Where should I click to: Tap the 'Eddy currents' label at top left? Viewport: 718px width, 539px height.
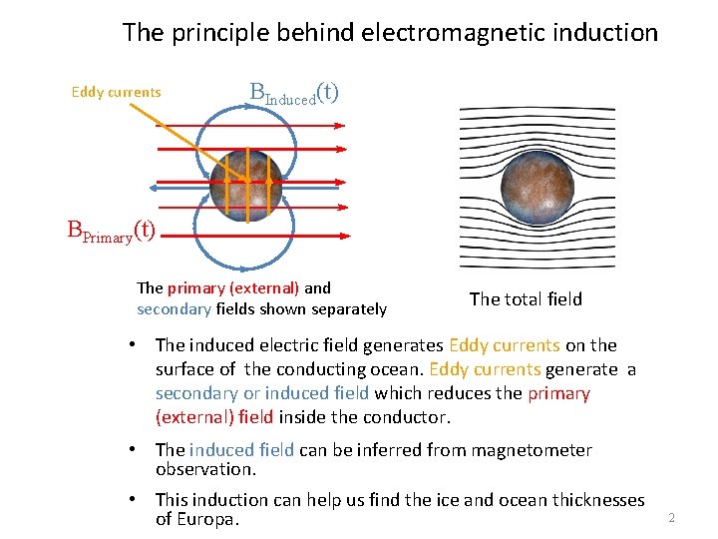tap(116, 93)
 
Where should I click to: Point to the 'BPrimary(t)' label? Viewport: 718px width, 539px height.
tap(111, 231)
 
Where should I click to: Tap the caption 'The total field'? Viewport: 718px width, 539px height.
tap(526, 298)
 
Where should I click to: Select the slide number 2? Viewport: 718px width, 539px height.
tap(671, 517)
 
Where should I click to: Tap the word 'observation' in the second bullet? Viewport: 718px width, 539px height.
tap(204, 468)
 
